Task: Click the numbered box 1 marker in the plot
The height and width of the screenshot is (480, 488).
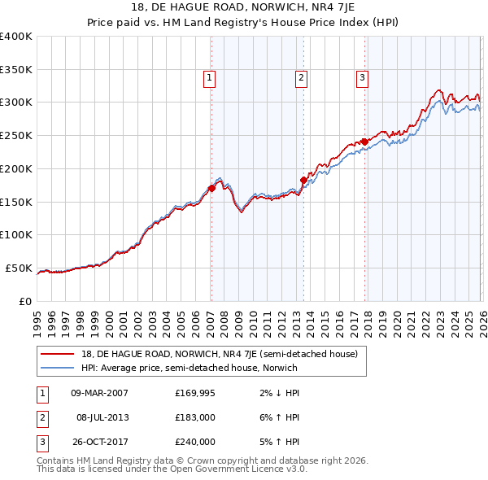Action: [210, 78]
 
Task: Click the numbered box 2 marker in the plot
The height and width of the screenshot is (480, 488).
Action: [301, 78]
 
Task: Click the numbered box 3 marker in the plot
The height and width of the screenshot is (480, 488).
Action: [362, 78]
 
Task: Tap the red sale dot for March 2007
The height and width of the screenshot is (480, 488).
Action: [211, 188]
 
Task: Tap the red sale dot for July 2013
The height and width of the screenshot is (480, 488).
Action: [303, 180]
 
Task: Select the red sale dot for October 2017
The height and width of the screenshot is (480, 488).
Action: [364, 142]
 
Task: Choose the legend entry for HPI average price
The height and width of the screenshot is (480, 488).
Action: [190, 368]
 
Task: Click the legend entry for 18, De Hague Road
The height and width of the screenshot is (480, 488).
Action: [219, 353]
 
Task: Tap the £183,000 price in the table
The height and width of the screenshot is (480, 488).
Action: [195, 417]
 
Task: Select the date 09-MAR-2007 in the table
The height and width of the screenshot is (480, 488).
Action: [99, 393]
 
